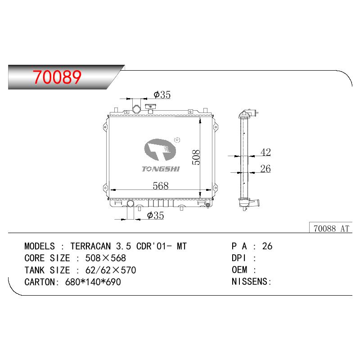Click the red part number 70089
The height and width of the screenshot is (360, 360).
[57, 77]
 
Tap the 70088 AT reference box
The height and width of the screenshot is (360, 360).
[331, 228]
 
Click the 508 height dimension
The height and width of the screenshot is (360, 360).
[196, 157]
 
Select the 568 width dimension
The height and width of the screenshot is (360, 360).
[161, 186]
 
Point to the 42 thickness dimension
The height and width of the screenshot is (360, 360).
[265, 152]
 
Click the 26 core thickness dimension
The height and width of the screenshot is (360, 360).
[265, 169]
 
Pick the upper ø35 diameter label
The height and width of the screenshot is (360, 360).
[162, 94]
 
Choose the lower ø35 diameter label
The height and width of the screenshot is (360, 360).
[155, 216]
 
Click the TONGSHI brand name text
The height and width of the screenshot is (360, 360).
[161, 169]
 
